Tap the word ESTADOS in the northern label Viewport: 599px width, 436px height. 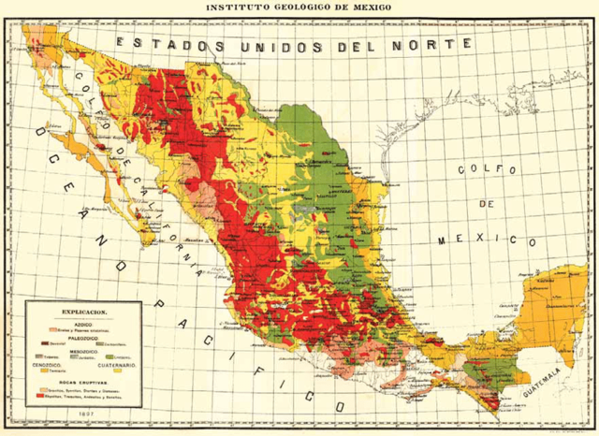click(166, 43)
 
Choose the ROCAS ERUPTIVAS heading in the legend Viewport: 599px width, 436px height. click(84, 383)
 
